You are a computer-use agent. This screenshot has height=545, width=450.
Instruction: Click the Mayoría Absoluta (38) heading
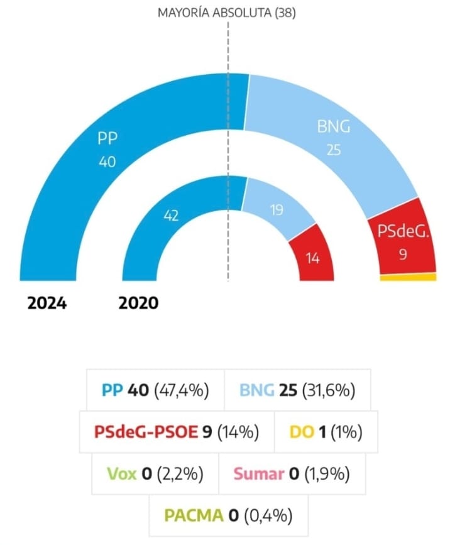coord(227,12)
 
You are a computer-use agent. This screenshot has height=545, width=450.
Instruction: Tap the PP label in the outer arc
coord(108,138)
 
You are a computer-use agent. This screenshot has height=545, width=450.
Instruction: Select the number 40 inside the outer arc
coord(107,162)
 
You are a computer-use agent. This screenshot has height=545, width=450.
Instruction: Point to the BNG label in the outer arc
coord(333,128)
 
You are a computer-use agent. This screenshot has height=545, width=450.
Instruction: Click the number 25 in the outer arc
coord(333,150)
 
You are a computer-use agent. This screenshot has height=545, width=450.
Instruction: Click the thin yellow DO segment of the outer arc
coord(409,277)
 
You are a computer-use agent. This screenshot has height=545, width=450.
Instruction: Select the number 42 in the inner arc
coord(170,215)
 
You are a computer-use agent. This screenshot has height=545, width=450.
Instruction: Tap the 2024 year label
coord(47,304)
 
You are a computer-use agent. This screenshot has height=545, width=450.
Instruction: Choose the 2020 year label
coord(139,304)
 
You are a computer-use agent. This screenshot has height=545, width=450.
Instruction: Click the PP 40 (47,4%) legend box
coord(154,390)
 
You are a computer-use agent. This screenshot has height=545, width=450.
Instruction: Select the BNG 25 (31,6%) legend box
coord(297,390)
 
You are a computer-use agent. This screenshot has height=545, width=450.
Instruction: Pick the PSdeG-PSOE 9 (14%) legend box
coord(177,432)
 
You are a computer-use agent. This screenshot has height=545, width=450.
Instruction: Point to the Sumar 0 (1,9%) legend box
coord(291,474)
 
